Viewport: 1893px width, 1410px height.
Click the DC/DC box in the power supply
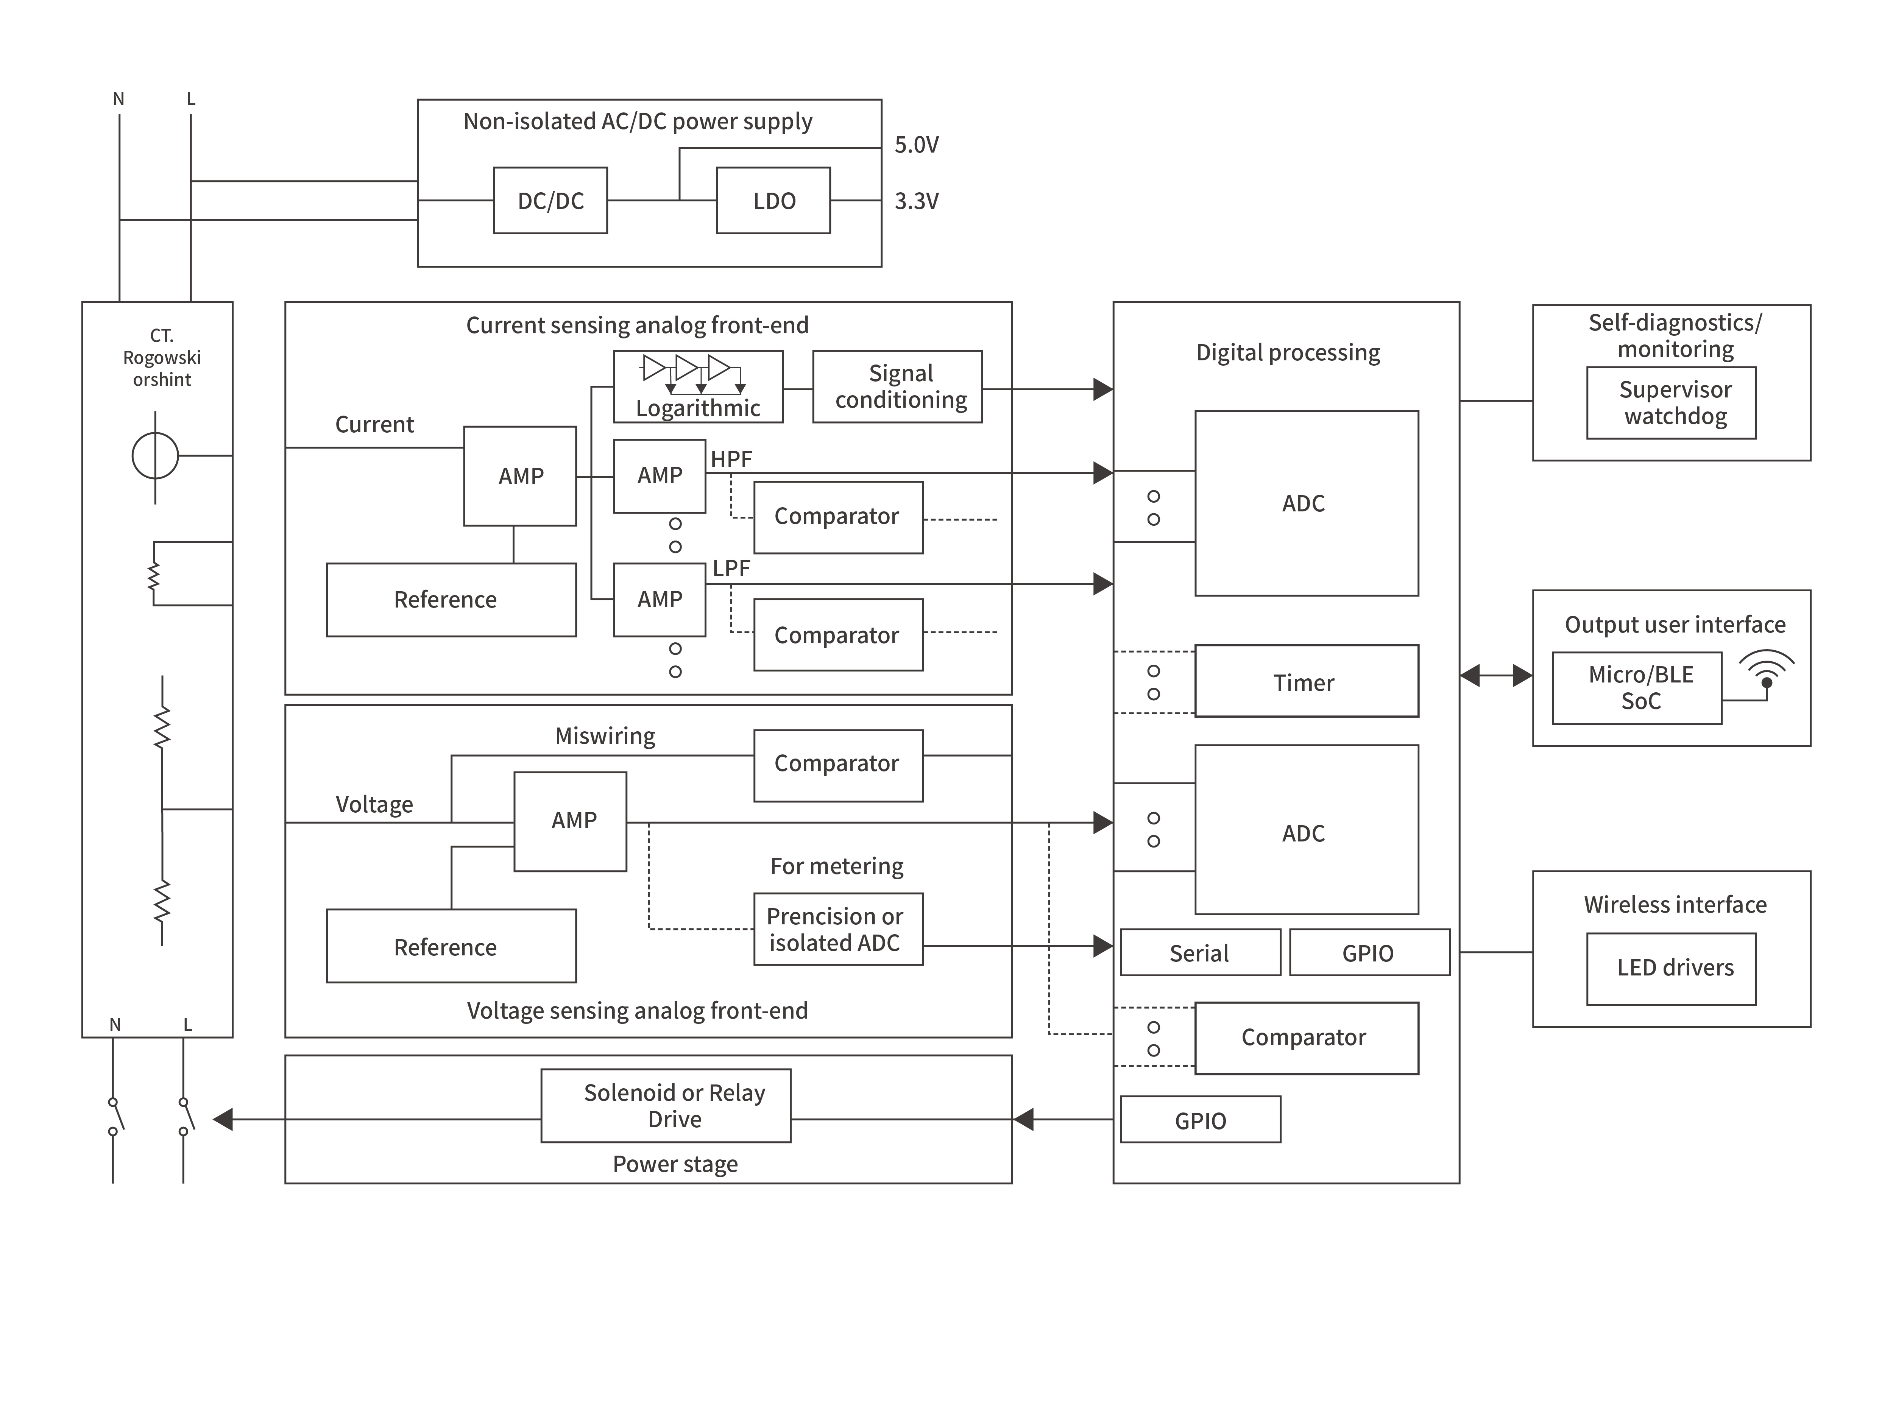pyautogui.click(x=550, y=201)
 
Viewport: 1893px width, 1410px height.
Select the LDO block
pyautogui.click(x=773, y=201)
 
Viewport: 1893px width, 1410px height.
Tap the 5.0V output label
pyautogui.click(x=916, y=145)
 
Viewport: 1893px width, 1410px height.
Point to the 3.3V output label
pyautogui.click(x=916, y=201)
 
